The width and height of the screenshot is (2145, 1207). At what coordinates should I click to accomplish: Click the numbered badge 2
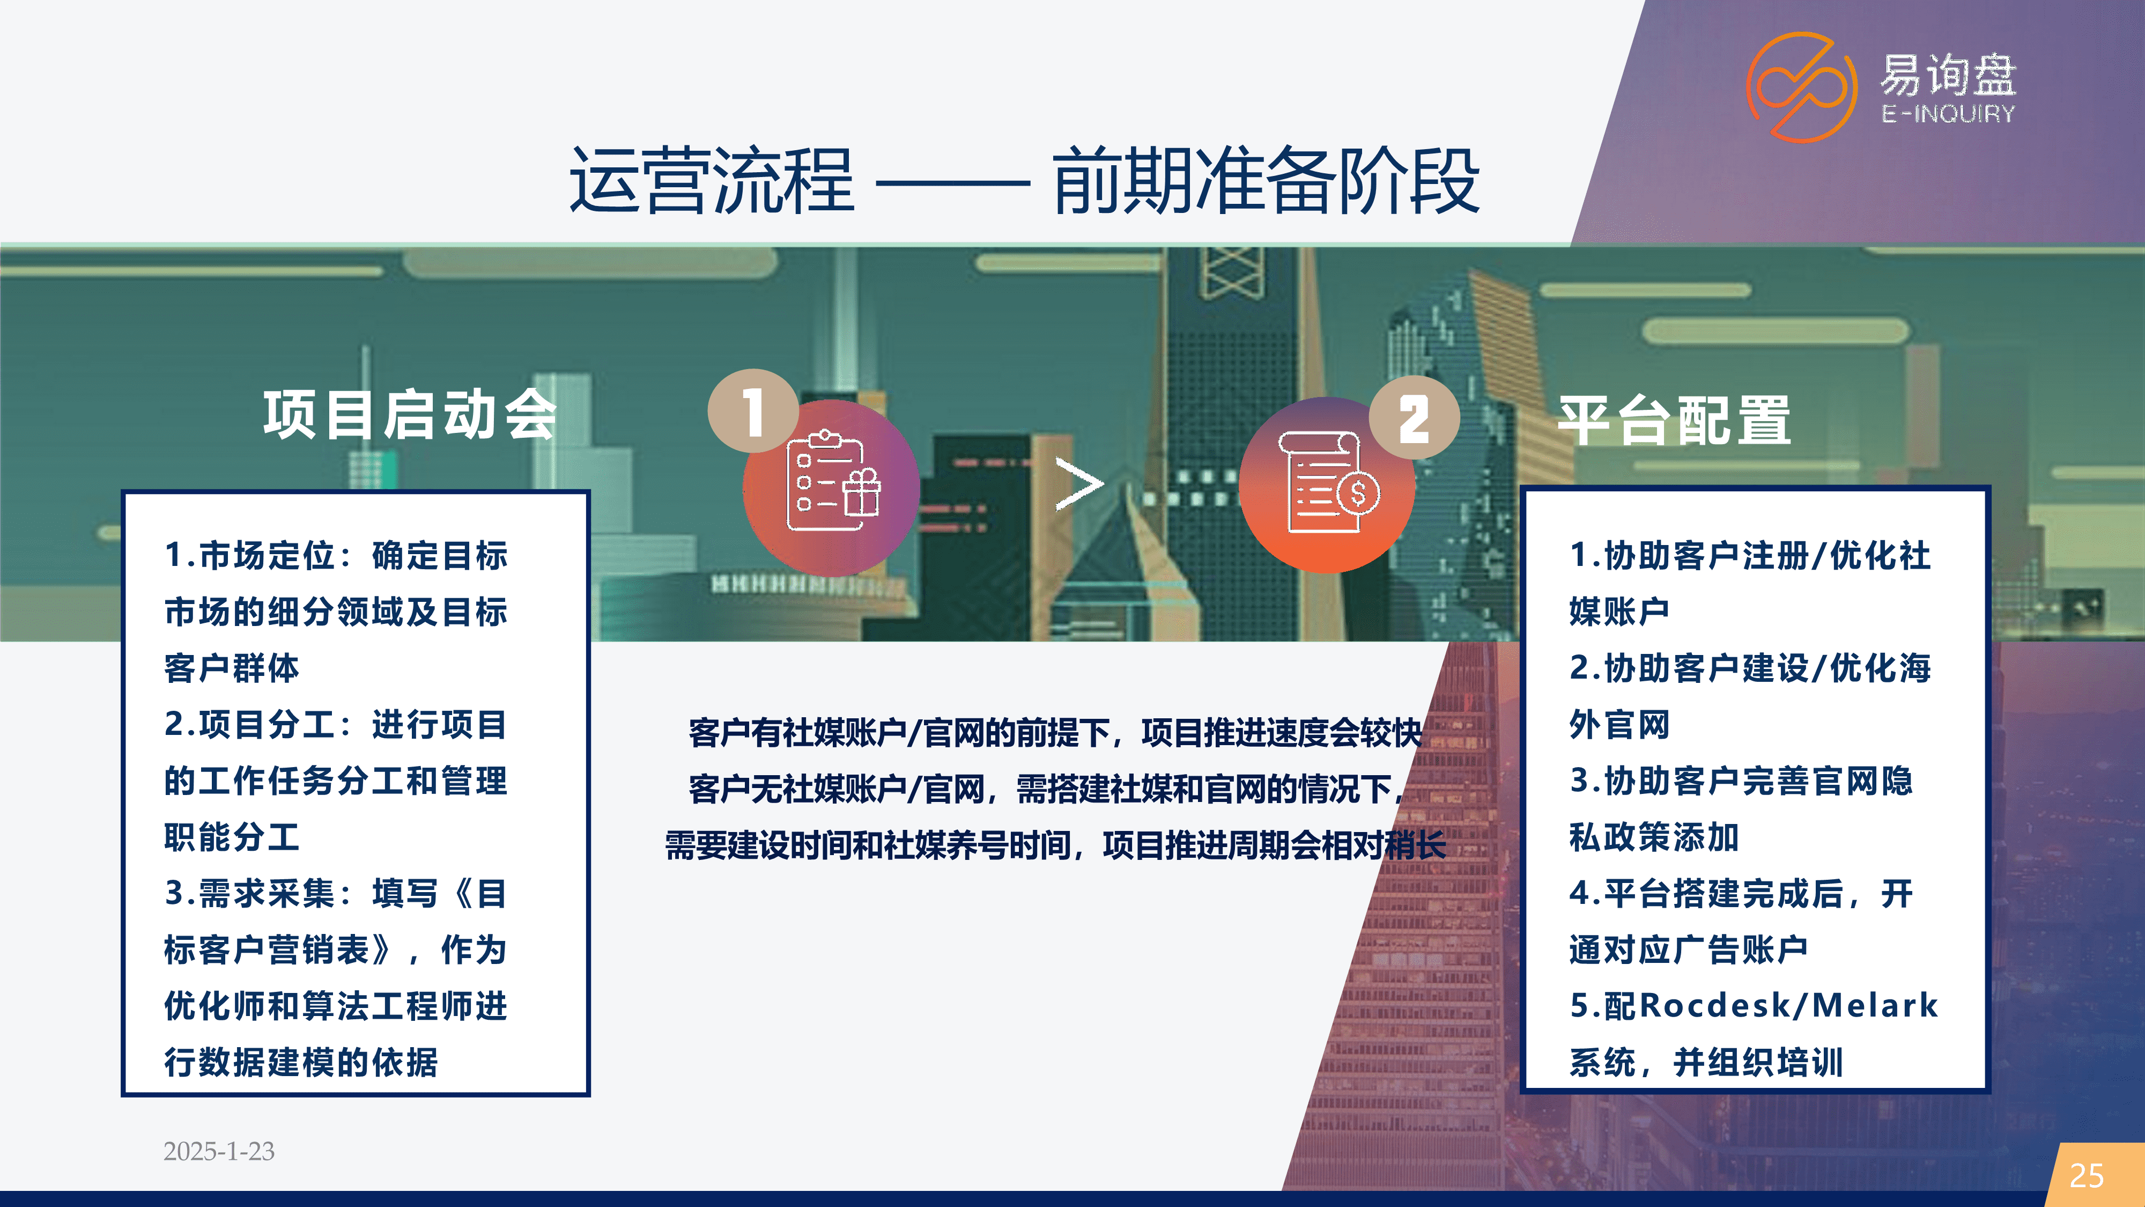[x=1414, y=418]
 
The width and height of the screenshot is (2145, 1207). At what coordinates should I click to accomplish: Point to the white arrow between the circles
[x=1079, y=484]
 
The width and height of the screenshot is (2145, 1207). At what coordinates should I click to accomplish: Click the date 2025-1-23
[x=219, y=1151]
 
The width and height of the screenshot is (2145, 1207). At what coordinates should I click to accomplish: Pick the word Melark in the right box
[x=1875, y=1005]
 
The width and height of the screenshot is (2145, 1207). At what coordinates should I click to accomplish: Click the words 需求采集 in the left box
[x=267, y=894]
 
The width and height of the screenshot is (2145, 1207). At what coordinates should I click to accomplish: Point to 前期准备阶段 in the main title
[x=1266, y=181]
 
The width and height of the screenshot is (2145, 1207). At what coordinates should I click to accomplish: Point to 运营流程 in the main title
[x=712, y=181]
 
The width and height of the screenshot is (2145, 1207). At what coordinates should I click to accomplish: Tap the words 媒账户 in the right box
[x=1619, y=612]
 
